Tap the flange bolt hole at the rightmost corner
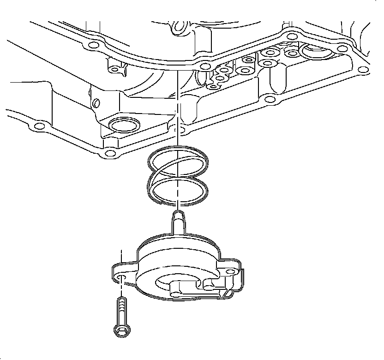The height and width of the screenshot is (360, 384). tap(363, 70)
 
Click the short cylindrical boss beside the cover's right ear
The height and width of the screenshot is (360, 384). tap(207, 286)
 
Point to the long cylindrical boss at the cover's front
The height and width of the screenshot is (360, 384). tap(178, 290)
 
